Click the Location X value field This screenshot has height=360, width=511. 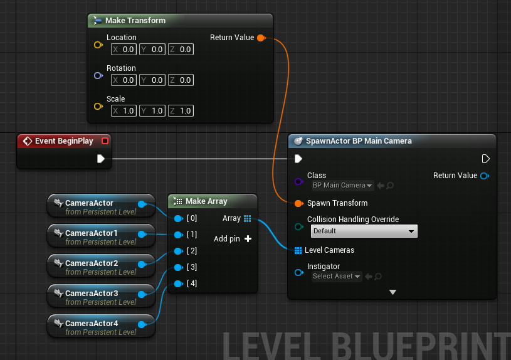124,50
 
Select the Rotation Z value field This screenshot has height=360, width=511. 181,80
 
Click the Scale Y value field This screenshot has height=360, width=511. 152,111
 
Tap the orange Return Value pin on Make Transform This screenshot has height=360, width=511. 261,38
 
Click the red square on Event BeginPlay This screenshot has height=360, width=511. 105,141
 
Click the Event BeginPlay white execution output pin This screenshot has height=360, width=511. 101,159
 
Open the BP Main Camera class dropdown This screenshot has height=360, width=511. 342,185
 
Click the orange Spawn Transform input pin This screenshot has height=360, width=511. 298,203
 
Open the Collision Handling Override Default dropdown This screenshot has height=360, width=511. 364,231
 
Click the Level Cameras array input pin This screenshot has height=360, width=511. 298,250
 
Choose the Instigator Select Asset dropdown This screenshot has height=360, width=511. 336,277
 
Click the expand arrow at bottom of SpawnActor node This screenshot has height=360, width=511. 392,292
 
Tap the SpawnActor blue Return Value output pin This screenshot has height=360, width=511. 485,176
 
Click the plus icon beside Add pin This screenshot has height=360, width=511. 248,239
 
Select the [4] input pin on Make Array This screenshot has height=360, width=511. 178,283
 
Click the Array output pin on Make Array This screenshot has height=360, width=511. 248,218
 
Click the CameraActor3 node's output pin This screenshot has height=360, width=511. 142,294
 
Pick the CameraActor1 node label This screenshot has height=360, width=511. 92,233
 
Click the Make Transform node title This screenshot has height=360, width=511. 135,21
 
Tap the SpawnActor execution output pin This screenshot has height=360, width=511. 485,159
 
